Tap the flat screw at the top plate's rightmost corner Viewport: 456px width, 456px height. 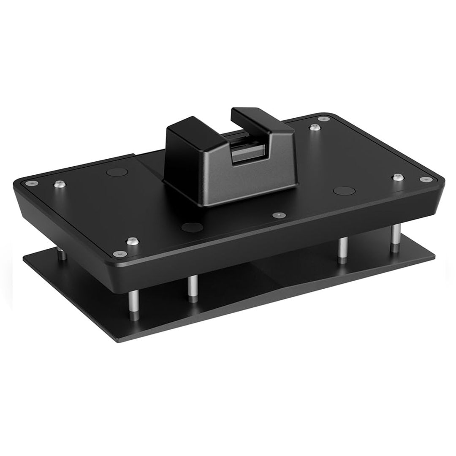424,179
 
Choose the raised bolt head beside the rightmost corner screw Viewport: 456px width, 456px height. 398,177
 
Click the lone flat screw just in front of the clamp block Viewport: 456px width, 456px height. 277,215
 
